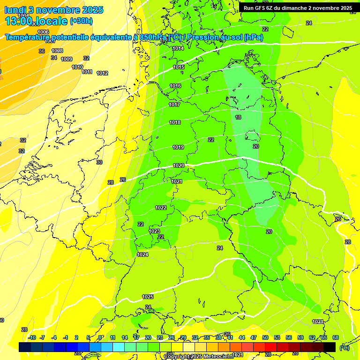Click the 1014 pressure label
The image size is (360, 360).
178,48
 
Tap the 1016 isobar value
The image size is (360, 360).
175,86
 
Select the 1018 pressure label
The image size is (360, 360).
175,122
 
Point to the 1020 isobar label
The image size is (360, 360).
178,165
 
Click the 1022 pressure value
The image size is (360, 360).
161,207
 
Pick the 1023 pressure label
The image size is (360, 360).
154,231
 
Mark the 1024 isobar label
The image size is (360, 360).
142,255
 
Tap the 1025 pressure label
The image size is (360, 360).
148,297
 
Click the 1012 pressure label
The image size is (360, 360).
102,73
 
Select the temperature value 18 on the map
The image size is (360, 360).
238,117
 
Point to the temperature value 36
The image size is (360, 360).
42,51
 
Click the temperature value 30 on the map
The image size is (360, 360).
99,162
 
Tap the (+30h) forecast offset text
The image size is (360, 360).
81,21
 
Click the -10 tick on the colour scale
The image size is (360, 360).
32,337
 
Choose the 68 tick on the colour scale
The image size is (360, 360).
336,337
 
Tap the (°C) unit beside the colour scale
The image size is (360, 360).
344,348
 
